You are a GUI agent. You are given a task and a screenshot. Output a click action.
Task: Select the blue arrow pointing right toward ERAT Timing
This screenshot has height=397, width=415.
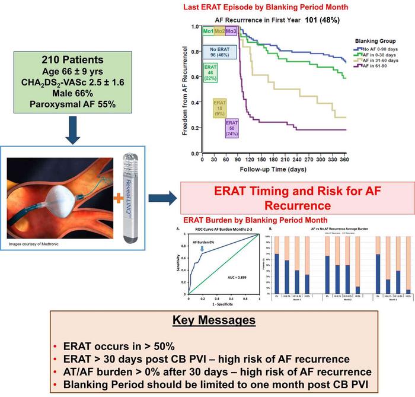tap(160, 197)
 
